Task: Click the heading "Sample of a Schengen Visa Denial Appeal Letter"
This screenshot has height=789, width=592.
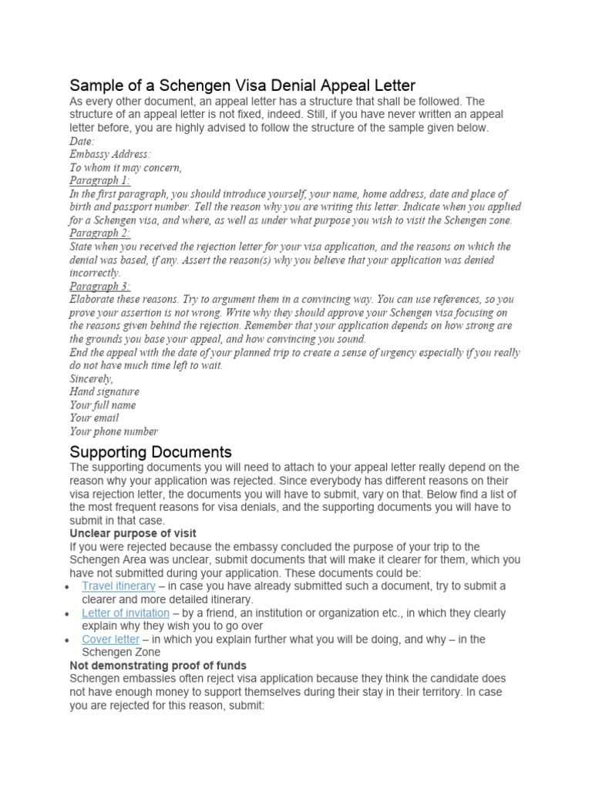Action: [x=242, y=85]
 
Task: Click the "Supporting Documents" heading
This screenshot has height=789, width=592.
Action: [x=150, y=451]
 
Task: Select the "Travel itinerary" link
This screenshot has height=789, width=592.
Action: [x=119, y=586]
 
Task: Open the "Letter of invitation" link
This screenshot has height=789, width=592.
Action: [x=126, y=613]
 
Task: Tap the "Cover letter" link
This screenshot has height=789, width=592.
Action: [x=111, y=640]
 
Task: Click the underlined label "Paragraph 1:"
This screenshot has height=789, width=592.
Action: [x=99, y=180]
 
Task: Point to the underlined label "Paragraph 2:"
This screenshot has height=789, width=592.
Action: [x=99, y=233]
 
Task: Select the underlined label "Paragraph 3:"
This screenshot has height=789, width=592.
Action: [x=99, y=286]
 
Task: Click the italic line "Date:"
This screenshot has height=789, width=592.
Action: [x=82, y=141]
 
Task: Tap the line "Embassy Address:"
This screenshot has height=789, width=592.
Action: [x=110, y=154]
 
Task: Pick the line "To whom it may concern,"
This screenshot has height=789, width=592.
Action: [x=125, y=167]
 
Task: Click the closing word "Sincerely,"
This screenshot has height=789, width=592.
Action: [x=92, y=378]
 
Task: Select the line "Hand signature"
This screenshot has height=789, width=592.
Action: [x=104, y=391]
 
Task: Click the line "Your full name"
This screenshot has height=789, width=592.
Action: [x=103, y=405]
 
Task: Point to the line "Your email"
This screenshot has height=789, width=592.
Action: [x=94, y=418]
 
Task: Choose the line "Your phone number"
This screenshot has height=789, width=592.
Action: [x=113, y=431]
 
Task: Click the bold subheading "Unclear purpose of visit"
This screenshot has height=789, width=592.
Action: [x=133, y=533]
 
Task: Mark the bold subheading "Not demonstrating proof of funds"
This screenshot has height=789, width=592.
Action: [x=158, y=665]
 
